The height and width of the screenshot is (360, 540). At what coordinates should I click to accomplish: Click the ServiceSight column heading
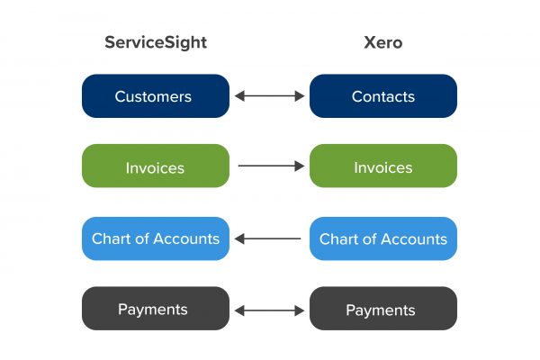[156, 42]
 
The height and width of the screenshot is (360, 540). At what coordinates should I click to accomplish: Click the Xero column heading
[383, 42]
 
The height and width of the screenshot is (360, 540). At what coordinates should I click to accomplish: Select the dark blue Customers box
[156, 95]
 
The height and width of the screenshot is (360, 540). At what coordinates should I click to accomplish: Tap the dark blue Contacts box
[383, 95]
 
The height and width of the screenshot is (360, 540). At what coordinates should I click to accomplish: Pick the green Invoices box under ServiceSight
[156, 166]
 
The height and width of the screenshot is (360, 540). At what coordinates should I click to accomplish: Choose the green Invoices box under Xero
[383, 166]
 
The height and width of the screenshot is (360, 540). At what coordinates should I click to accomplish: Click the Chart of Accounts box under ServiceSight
[156, 238]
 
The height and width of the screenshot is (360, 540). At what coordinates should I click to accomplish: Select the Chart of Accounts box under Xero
[383, 238]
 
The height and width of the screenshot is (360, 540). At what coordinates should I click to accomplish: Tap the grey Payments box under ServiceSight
[156, 309]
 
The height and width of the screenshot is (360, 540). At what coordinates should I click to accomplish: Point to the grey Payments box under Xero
[383, 309]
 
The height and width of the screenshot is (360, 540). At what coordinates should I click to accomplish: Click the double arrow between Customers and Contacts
[269, 95]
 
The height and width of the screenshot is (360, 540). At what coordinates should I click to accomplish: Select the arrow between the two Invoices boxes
[271, 166]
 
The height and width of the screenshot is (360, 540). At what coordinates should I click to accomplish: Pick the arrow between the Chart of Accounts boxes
[267, 238]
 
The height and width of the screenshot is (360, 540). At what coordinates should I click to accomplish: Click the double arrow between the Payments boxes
[269, 310]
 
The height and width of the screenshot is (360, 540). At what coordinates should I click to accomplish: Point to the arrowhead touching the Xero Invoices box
[300, 166]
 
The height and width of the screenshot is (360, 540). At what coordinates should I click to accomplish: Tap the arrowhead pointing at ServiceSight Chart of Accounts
[239, 238]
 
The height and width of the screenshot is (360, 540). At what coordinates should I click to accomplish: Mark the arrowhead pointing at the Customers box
[239, 95]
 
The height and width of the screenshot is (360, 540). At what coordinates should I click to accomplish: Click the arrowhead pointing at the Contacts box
[300, 95]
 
